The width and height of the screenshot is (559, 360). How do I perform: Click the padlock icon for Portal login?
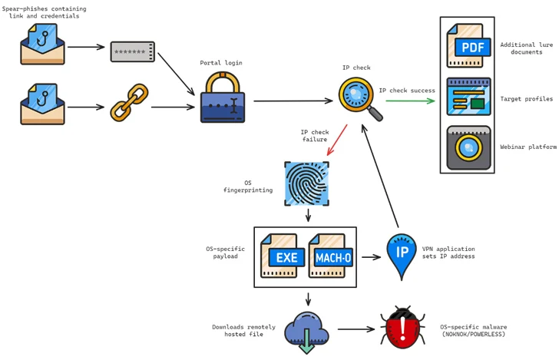(222, 98)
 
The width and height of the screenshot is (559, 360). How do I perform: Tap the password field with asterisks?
(133, 51)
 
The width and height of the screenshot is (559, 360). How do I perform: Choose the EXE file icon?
(282, 255)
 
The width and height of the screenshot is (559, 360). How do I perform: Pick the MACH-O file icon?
(331, 255)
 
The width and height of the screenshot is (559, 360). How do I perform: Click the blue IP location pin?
(400, 256)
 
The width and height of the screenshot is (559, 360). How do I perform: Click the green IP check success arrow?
(411, 101)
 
